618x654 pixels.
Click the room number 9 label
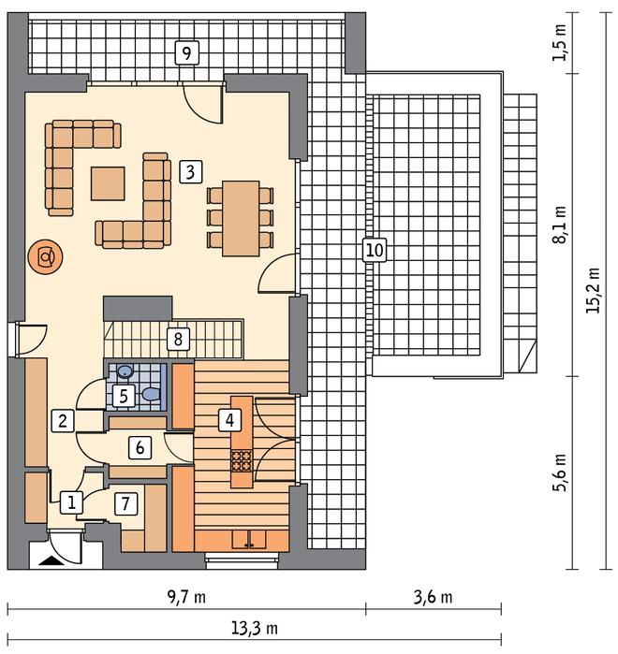[x=186, y=53]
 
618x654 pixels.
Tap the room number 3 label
[x=190, y=172]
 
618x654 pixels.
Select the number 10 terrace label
[x=375, y=250]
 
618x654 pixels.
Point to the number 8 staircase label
[x=178, y=339]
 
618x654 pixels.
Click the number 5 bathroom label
[x=124, y=396]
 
